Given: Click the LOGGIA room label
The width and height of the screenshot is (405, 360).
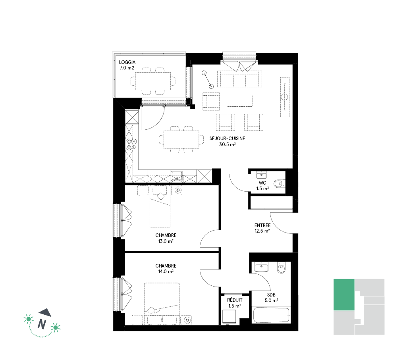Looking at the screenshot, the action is pyautogui.click(x=127, y=62).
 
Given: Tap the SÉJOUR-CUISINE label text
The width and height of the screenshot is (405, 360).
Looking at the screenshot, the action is pyautogui.click(x=227, y=139).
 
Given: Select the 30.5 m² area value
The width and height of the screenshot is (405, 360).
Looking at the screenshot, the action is pyautogui.click(x=227, y=144).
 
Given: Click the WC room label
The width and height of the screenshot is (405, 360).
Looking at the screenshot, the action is pyautogui.click(x=262, y=183).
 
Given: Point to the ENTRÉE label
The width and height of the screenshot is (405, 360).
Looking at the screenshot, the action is pyautogui.click(x=262, y=225).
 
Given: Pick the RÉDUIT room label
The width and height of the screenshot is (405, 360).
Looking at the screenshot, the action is pyautogui.click(x=235, y=300).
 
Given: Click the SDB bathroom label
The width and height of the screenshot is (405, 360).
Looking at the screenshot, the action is pyautogui.click(x=271, y=295).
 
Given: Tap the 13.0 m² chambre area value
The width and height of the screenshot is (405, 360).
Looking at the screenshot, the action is pyautogui.click(x=166, y=241).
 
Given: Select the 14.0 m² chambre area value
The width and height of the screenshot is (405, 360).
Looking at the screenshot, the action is pyautogui.click(x=166, y=271).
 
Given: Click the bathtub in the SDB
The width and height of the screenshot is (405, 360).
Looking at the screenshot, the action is pyautogui.click(x=271, y=315).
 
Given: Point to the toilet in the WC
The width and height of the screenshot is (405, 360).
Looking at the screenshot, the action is pyautogui.click(x=279, y=184).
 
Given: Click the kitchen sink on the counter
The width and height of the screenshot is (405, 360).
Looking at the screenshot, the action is pyautogui.click(x=177, y=176).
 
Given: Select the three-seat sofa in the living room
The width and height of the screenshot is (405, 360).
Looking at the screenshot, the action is pyautogui.click(x=239, y=79).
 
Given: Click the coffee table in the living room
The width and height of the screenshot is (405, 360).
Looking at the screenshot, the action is pyautogui.click(x=239, y=101).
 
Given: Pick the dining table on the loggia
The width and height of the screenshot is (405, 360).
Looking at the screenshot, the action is pyautogui.click(x=153, y=81).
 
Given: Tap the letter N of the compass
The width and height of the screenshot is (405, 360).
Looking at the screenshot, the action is pyautogui.click(x=42, y=324).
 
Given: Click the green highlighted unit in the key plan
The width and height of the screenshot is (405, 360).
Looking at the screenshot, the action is pyautogui.click(x=344, y=295).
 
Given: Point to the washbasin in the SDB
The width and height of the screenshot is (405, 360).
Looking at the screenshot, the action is pyautogui.click(x=261, y=267).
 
